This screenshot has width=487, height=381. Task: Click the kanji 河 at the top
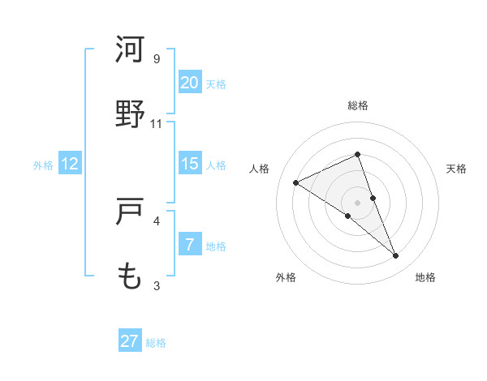point(130,49)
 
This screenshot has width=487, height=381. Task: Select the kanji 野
point(130,113)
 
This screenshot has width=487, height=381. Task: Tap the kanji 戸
point(130,212)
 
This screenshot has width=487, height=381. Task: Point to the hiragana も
point(130,276)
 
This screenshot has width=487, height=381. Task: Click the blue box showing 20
point(190,82)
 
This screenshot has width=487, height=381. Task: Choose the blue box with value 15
point(190,164)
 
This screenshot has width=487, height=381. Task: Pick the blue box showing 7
point(190,245)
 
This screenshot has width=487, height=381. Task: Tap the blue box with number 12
point(70,164)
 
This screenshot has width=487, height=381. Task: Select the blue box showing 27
point(130,341)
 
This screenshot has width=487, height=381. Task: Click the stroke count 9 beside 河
point(157,59)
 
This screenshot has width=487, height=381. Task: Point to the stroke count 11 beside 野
point(157,124)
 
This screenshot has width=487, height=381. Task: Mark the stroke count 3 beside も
point(157,285)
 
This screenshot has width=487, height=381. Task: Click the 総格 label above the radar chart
point(357,105)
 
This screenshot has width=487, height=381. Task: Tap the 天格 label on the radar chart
point(456,169)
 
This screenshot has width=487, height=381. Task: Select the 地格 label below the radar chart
point(425,277)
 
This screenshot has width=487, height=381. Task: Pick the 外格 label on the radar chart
point(286,277)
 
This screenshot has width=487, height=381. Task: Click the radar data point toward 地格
point(396,256)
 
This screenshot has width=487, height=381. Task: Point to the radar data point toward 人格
point(296,182)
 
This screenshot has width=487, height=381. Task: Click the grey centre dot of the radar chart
point(357,202)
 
